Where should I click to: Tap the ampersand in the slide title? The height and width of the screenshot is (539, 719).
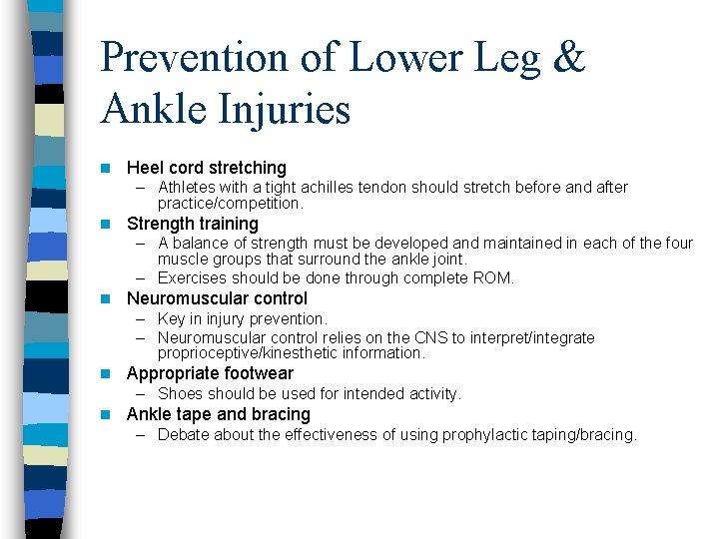coord(566,59)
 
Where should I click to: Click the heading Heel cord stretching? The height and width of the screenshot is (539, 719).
coord(206,168)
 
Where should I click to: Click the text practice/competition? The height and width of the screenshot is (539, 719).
coord(230,203)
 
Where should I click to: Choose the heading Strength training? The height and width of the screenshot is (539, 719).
coord(192,224)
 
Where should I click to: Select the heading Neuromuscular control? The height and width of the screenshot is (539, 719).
coord(217,298)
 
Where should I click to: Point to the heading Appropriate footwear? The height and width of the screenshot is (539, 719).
coord(210,373)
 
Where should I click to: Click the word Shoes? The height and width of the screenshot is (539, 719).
coord(180,393)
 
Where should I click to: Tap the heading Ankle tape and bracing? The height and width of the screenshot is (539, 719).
coord(218,414)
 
